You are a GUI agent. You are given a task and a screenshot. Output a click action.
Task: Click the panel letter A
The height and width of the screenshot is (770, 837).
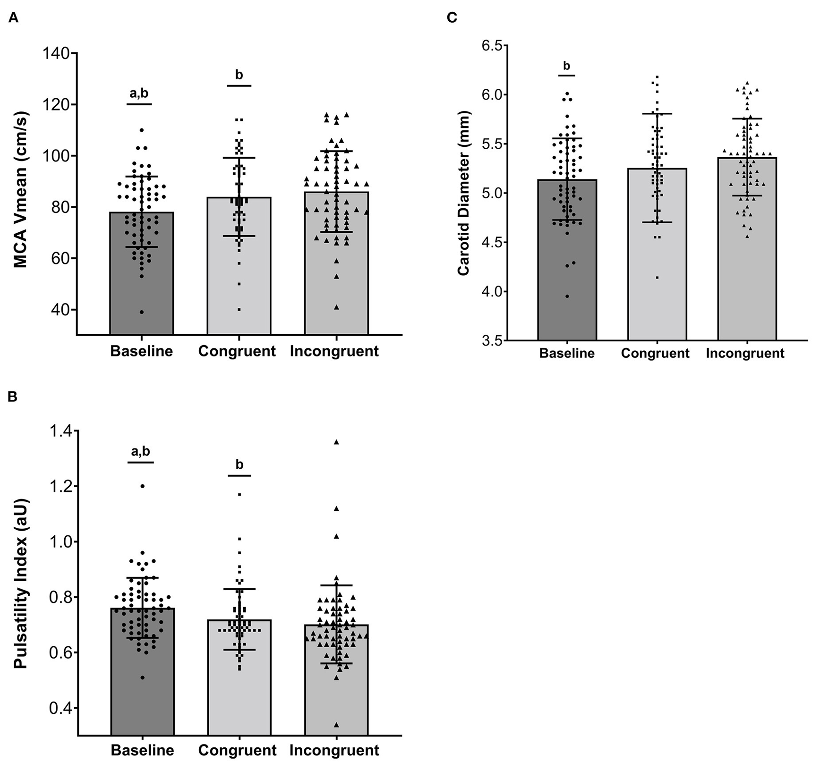tap(13, 19)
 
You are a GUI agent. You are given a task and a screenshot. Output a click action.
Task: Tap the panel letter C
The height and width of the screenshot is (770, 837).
tap(452, 18)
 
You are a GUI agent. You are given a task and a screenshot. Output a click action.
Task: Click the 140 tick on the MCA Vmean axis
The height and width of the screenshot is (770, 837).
tap(56, 53)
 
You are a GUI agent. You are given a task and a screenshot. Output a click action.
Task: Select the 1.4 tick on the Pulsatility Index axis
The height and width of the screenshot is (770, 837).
tap(60, 431)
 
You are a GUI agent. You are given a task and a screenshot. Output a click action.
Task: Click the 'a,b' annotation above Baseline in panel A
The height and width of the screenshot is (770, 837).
tap(139, 93)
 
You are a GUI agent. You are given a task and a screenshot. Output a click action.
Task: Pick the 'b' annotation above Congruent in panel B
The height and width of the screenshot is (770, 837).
tap(239, 465)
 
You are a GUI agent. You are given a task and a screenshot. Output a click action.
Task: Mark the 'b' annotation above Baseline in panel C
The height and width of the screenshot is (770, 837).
tap(566, 66)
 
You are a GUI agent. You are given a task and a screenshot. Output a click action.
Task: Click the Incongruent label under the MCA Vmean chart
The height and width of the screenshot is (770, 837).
tap(334, 352)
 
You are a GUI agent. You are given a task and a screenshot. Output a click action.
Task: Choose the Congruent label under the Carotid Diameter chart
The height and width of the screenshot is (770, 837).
tap(655, 353)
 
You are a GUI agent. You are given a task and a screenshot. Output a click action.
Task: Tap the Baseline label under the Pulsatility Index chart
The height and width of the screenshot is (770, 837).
tap(142, 750)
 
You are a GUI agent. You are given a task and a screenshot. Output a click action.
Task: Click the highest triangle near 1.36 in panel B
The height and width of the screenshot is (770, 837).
tap(336, 442)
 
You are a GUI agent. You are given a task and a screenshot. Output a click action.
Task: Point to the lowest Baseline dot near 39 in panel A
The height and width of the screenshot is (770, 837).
tap(142, 312)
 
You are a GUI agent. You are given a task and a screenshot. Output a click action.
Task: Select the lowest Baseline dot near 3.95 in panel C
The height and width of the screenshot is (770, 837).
tap(567, 296)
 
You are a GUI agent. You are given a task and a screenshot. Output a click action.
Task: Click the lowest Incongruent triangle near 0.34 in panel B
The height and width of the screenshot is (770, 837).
tap(336, 725)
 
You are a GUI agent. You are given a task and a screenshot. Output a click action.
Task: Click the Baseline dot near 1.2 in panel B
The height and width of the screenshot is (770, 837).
tap(142, 486)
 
